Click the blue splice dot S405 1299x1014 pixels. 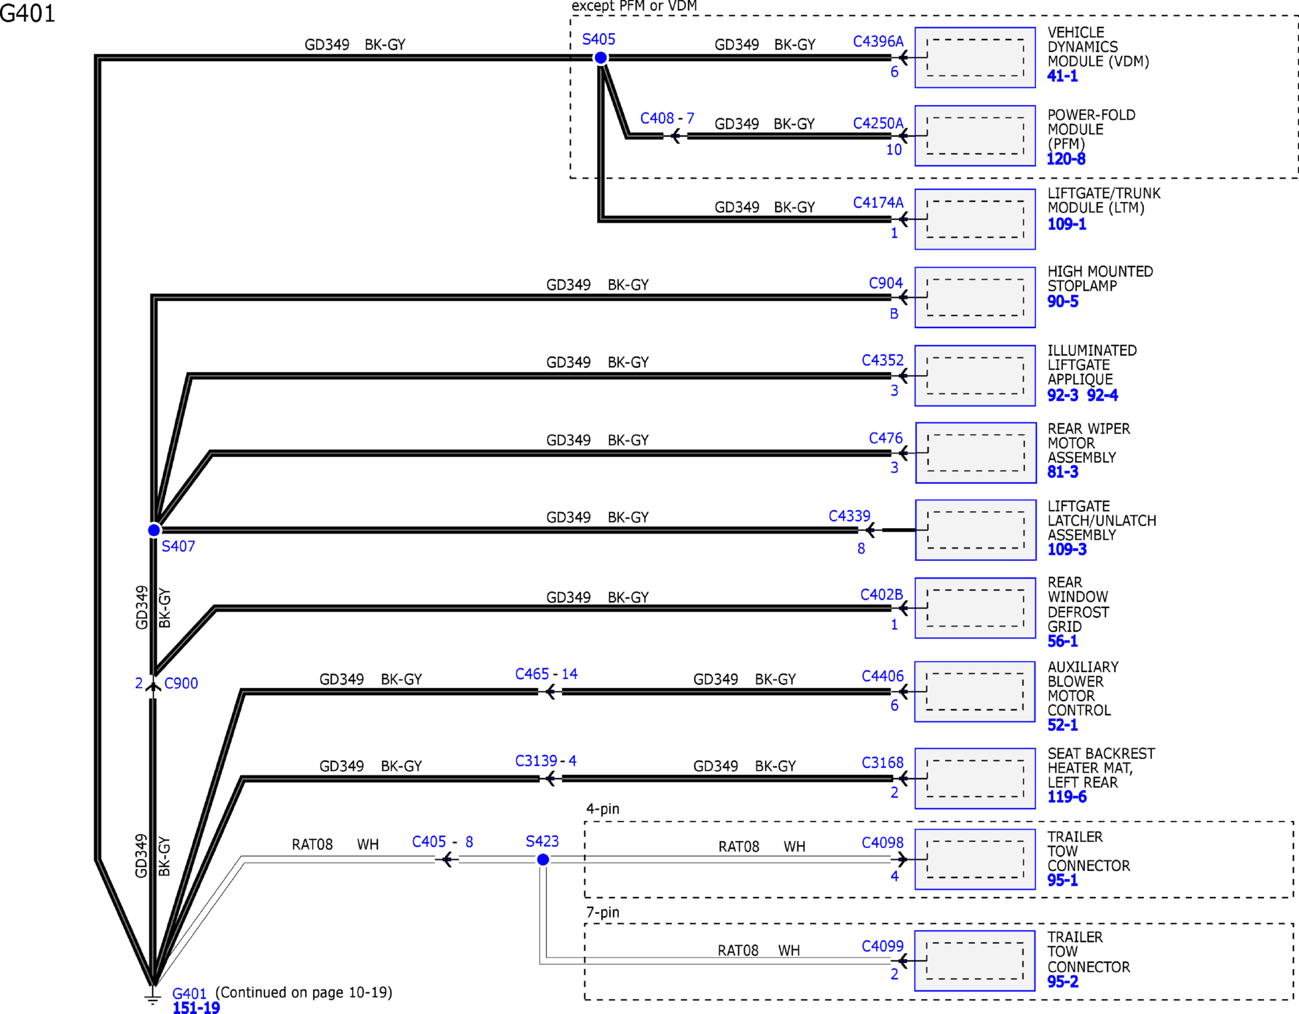pyautogui.click(x=601, y=58)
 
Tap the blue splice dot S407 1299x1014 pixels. pyautogui.click(x=154, y=530)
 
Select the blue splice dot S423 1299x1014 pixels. pyautogui.click(x=543, y=860)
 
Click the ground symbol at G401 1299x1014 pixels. pyautogui.click(x=152, y=996)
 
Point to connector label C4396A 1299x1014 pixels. pyautogui.click(x=878, y=41)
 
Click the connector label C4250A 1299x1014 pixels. pyautogui.click(x=878, y=123)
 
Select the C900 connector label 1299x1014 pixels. pyautogui.click(x=181, y=684)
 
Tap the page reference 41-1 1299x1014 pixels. pyautogui.click(x=1062, y=76)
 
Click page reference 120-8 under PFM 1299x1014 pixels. pyautogui.click(x=1066, y=159)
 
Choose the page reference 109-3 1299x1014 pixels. pyautogui.click(x=1067, y=549)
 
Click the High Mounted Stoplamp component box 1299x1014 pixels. pyautogui.click(x=975, y=298)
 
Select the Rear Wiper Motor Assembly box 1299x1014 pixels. pyautogui.click(x=976, y=453)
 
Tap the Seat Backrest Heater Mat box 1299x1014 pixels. pyautogui.click(x=975, y=779)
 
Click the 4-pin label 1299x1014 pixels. pyautogui.click(x=603, y=809)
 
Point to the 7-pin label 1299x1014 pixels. pyautogui.click(x=603, y=913)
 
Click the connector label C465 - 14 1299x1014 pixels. pyautogui.click(x=546, y=674)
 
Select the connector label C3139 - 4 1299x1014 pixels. pyautogui.click(x=546, y=761)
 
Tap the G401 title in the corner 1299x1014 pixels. pyautogui.click(x=27, y=13)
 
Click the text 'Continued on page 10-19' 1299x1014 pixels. pyautogui.click(x=304, y=993)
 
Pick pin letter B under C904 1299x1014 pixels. pyautogui.click(x=894, y=314)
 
